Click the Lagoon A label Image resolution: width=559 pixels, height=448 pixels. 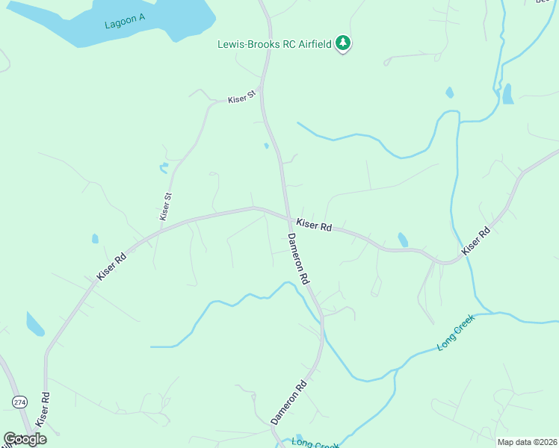tap(125, 22)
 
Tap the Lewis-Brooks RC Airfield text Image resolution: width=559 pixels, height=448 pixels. tap(274, 44)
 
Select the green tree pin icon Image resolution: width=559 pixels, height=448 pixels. tap(343, 43)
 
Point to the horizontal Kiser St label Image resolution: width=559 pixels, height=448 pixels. tap(241, 97)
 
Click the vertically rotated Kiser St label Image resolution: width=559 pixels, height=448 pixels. tap(166, 206)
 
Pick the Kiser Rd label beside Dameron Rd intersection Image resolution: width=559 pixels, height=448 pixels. tap(314, 225)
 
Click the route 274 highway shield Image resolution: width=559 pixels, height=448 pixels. tap(19, 402)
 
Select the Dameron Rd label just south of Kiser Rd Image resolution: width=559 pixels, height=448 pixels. tap(298, 258)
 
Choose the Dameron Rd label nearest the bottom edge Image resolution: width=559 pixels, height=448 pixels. tap(288, 403)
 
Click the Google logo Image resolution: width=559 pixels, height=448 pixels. tap(25, 439)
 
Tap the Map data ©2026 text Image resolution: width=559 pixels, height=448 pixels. tap(527, 442)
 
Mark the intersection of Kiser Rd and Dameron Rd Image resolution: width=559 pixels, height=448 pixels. tap(288, 218)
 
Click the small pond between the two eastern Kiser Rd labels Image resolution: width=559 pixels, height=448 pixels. tap(403, 240)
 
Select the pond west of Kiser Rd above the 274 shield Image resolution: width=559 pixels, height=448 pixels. tap(35, 324)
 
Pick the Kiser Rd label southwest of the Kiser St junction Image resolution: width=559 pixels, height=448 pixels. tap(111, 265)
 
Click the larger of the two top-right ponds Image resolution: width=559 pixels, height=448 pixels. tap(508, 94)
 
